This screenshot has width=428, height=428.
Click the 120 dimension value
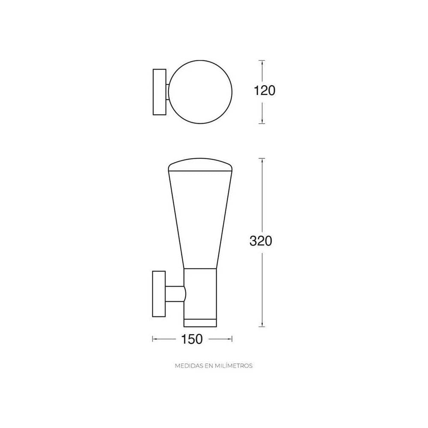(265, 91)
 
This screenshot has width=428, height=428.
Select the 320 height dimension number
(261, 241)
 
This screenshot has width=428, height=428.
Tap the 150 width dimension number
(191, 339)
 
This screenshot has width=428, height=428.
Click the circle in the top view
(200, 92)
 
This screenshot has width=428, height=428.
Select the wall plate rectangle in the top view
(160, 92)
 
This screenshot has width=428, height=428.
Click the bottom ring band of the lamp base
(200, 323)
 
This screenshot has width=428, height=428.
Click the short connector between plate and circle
(167, 92)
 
